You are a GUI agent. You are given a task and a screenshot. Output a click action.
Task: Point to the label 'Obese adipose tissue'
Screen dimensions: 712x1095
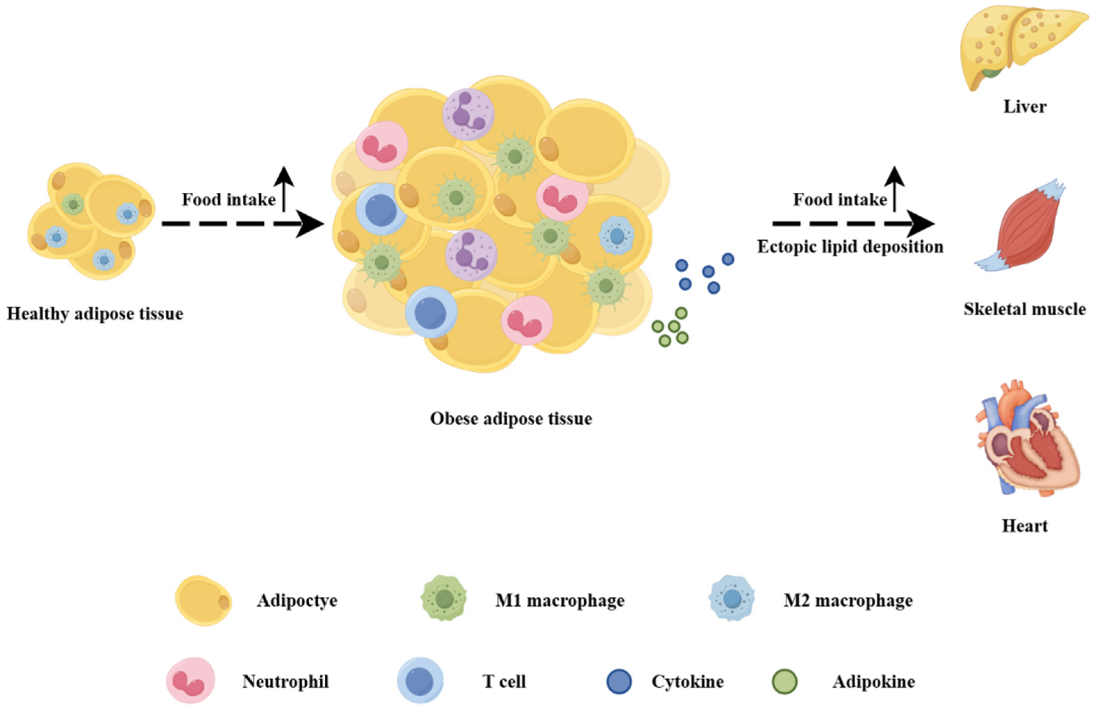[x=511, y=419]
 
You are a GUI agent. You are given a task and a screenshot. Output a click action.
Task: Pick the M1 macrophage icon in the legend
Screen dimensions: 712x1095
[x=444, y=598]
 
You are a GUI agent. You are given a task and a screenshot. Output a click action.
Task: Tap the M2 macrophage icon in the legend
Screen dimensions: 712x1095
[x=732, y=598]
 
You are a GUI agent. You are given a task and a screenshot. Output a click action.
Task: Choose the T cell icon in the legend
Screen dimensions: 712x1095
[x=420, y=680]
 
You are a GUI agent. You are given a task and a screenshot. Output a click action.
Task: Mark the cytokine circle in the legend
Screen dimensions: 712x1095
[x=619, y=681]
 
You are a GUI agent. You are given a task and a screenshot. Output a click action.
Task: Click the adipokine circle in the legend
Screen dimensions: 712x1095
[x=784, y=681]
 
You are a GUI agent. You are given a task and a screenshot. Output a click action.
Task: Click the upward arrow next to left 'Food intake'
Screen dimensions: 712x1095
[x=284, y=189]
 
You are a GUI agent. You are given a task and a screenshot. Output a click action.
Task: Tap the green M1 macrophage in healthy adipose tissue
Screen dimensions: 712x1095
[x=73, y=204]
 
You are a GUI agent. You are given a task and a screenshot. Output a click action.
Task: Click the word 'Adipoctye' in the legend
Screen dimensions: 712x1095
[x=297, y=601]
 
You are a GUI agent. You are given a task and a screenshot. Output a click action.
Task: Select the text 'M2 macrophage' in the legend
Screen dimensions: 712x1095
[x=848, y=601]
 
